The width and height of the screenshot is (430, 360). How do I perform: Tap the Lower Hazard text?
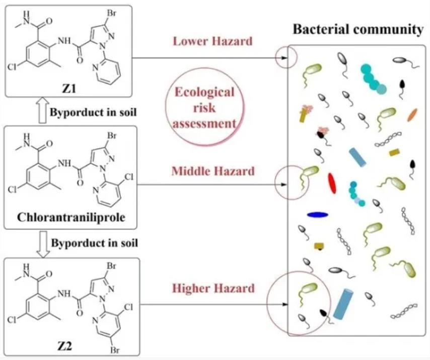(x=212, y=41)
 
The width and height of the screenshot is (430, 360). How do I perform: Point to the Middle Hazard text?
(x=213, y=171)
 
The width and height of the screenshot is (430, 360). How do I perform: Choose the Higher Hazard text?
(x=213, y=289)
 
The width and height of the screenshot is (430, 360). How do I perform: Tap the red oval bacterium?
(x=332, y=183)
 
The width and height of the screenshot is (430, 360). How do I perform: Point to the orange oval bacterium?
(x=412, y=115)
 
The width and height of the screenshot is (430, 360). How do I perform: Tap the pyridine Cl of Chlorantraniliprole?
(x=128, y=177)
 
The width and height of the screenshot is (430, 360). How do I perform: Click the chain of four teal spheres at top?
(x=373, y=79)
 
